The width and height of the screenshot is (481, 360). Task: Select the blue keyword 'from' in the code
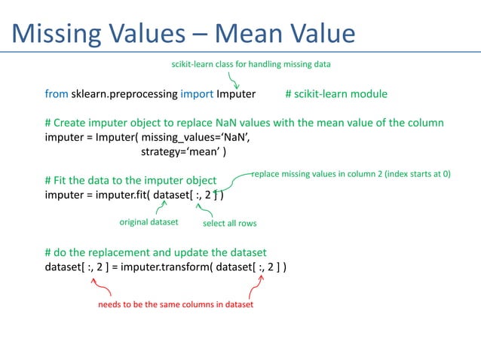pyautogui.click(x=57, y=94)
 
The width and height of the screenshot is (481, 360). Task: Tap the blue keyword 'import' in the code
pyautogui.click(x=197, y=94)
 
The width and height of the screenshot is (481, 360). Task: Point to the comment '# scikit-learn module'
pyautogui.click(x=336, y=94)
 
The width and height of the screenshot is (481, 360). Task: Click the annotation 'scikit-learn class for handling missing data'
pyautogui.click(x=252, y=64)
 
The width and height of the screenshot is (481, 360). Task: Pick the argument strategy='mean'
pyautogui.click(x=184, y=151)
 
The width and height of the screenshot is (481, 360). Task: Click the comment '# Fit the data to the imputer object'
pyautogui.click(x=130, y=181)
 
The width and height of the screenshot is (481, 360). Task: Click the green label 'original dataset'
pyautogui.click(x=149, y=222)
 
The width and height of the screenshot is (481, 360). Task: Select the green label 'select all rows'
pyautogui.click(x=230, y=223)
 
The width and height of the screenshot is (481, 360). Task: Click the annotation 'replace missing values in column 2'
pyautogui.click(x=351, y=173)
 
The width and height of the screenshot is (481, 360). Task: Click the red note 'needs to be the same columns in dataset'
pyautogui.click(x=176, y=305)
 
